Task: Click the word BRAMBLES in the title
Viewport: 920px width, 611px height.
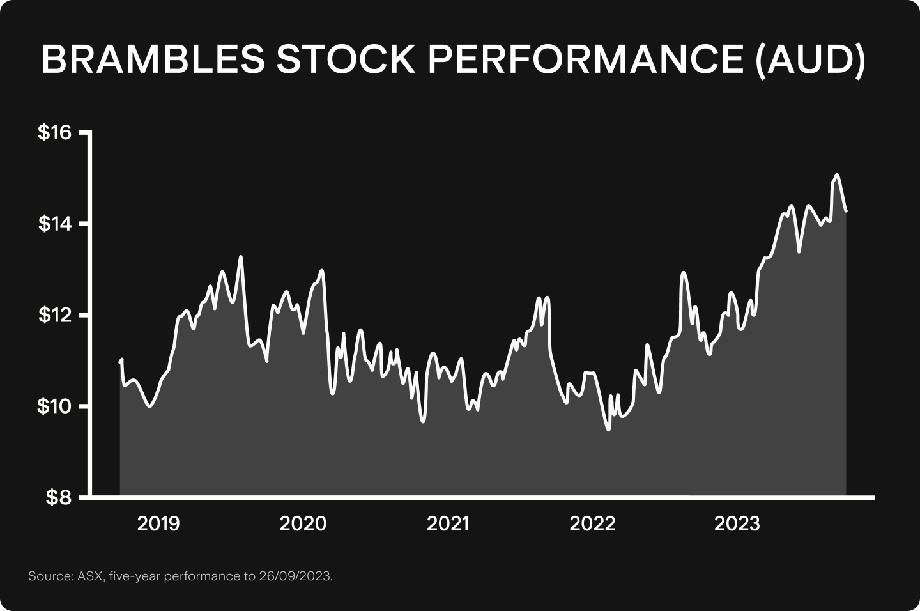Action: (x=152, y=59)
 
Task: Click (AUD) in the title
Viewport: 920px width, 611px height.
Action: (x=810, y=59)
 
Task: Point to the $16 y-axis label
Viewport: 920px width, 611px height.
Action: (x=56, y=133)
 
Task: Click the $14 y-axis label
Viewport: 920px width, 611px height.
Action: (x=56, y=224)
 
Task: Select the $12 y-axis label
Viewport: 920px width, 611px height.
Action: (x=56, y=315)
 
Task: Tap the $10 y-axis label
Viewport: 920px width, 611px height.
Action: (x=56, y=406)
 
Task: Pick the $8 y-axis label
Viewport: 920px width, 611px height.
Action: (x=60, y=498)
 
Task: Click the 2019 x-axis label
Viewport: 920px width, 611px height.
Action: (x=159, y=524)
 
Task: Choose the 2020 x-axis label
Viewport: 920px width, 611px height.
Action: (x=303, y=524)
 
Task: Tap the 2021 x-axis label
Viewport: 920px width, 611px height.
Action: (x=448, y=524)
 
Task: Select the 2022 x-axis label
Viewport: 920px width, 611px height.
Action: (x=592, y=524)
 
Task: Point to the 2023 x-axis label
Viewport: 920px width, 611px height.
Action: (x=737, y=524)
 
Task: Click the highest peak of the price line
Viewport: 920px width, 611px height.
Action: (x=837, y=174)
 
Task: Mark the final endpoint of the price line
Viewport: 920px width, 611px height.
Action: (x=847, y=211)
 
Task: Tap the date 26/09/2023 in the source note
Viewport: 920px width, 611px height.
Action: (x=295, y=576)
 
